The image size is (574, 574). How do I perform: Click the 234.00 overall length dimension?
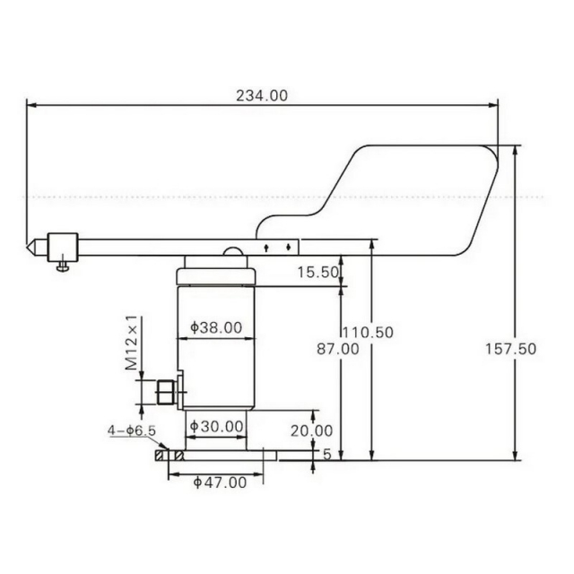tap(262, 96)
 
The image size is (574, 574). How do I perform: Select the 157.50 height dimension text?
tap(510, 349)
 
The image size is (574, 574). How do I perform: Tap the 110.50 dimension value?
tap(368, 333)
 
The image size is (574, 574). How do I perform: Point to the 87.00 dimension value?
tap(338, 349)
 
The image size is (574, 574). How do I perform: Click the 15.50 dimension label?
tap(317, 273)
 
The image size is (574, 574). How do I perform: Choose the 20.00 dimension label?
tap(312, 430)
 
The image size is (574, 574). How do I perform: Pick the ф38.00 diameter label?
tap(216, 327)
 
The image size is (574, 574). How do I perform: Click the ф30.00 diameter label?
tap(217, 426)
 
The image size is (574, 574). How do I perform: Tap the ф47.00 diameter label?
tap(220, 483)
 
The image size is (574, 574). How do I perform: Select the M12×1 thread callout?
tap(132, 343)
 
